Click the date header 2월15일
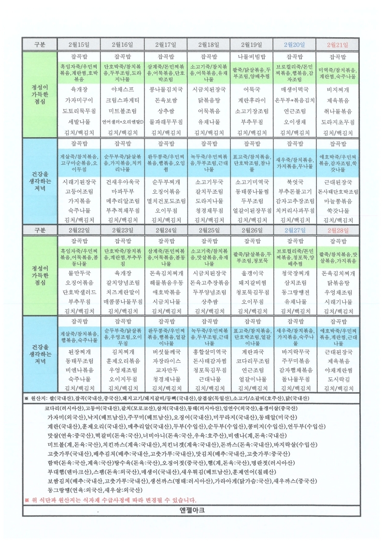(x=79, y=44)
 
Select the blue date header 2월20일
(x=295, y=44)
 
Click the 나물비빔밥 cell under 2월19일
(x=251, y=57)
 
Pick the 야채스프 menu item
(x=122, y=89)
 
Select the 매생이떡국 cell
(x=295, y=89)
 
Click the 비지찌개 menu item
(x=338, y=89)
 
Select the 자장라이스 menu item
(x=165, y=361)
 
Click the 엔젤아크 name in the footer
(x=191, y=510)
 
